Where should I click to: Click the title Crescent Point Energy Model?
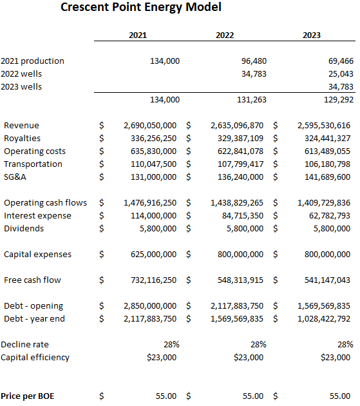[141, 8]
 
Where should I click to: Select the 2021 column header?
[138, 35]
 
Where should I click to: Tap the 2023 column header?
[312, 35]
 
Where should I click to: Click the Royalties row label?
[22, 138]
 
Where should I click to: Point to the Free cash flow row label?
[33, 280]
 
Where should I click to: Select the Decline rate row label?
[24, 344]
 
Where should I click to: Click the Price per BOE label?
[28, 396]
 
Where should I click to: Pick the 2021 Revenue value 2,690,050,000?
[149, 125]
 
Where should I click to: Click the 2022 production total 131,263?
[251, 99]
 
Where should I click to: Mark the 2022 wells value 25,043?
[338, 73]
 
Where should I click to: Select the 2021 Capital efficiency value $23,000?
[161, 357]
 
